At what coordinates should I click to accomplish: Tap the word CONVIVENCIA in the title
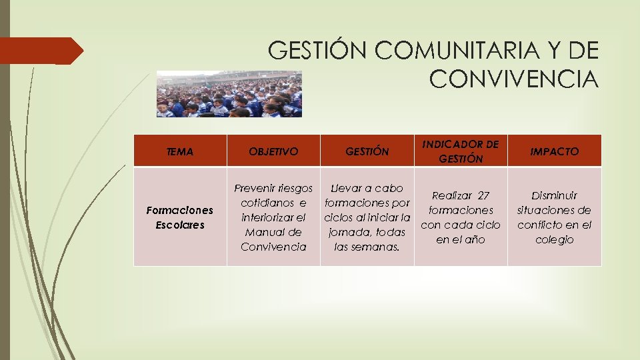514,79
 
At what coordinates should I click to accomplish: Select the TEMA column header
180,151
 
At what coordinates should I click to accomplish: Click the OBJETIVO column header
273,151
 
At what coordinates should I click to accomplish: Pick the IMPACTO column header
554,151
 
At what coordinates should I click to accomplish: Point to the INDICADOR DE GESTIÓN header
461,151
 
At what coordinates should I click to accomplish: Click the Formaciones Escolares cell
180,217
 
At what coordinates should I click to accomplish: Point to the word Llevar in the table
348,189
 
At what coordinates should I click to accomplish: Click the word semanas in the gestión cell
377,247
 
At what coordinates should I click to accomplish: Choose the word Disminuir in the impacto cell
554,195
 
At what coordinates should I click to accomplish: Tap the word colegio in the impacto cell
554,239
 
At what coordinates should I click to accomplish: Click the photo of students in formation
229,94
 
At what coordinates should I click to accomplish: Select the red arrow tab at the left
40,51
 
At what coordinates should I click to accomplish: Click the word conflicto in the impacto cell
541,225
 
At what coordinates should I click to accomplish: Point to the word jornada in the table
351,233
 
